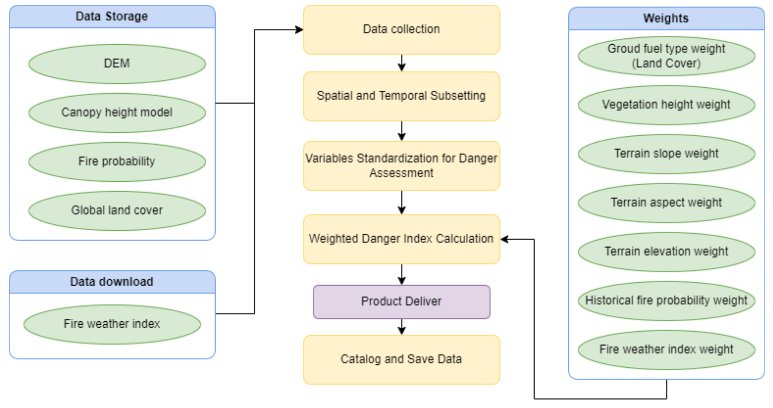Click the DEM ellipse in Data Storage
[117, 64]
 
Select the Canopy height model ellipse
[117, 113]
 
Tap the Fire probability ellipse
[117, 162]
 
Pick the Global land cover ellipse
[117, 211]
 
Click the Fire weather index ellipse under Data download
[112, 324]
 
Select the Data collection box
[401, 30]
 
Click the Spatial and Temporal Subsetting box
[401, 96]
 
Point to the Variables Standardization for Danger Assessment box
[401, 166]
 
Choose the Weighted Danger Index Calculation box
[401, 239]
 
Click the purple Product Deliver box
[401, 302]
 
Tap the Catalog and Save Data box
[401, 359]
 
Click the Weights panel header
[666, 18]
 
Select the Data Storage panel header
[112, 16]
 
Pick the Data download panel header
[112, 282]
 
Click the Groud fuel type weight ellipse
[666, 56]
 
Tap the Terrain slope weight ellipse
[666, 154]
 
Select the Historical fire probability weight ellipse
[666, 301]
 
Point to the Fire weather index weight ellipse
[666, 350]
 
